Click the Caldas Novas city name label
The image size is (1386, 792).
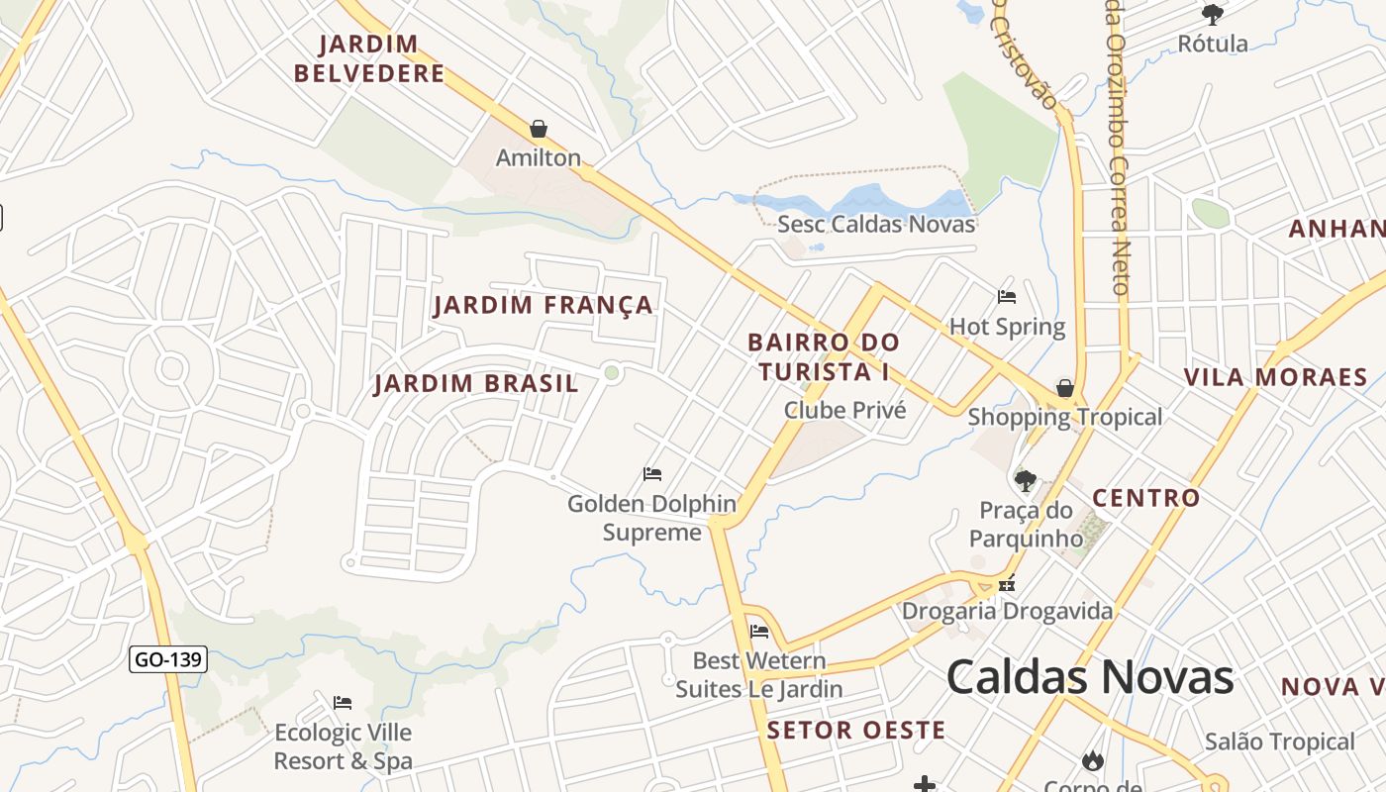(1090, 677)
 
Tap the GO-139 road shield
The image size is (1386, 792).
(168, 659)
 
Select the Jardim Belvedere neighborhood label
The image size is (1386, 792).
(369, 59)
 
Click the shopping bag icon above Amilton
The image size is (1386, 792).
(539, 129)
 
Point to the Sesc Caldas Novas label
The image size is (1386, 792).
(876, 224)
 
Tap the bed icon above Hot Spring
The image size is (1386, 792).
(1007, 297)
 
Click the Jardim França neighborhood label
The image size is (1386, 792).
(544, 305)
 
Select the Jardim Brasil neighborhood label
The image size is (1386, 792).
(476, 384)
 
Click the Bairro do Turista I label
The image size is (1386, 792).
(824, 357)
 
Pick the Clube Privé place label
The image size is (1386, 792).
(844, 410)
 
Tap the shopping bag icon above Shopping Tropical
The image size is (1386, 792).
(1065, 388)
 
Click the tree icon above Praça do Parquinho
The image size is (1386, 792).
(1025, 481)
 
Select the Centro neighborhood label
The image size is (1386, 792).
(1145, 498)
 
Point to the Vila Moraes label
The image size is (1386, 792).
(1276, 377)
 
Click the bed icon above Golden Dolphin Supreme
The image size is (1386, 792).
(652, 474)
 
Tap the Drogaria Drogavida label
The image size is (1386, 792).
(1007, 611)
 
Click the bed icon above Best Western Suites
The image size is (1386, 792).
(759, 632)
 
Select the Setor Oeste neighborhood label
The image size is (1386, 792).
(856, 731)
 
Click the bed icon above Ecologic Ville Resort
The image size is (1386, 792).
(343, 703)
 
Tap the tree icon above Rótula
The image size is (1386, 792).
(1213, 14)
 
